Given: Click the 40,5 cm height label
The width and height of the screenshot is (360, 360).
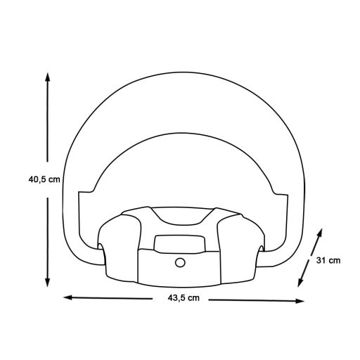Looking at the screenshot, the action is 44,179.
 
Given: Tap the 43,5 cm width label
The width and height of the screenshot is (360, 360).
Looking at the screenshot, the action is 184,298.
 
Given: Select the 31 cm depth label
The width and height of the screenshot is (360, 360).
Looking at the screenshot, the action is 328,260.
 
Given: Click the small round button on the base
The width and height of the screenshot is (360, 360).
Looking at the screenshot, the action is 180,262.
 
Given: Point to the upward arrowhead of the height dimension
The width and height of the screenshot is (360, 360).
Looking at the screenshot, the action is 48,77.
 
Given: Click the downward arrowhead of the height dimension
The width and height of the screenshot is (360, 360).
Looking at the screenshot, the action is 48,282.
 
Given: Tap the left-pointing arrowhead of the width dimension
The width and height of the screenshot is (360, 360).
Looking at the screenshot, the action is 68,297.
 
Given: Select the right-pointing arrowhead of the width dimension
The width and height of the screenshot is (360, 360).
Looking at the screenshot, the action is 300,301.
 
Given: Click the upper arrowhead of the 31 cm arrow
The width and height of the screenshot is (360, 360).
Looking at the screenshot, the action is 320,233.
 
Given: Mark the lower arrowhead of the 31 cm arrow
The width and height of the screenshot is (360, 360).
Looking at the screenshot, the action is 300,282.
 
